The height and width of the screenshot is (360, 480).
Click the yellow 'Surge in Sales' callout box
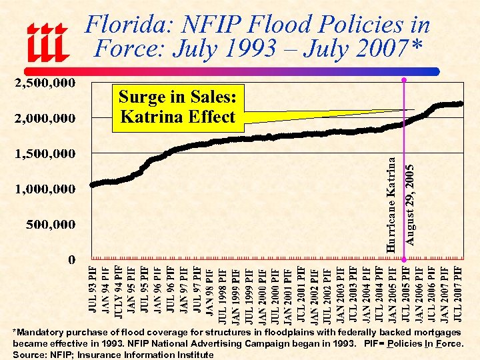[177, 107]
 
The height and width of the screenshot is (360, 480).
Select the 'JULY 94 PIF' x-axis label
[119, 291]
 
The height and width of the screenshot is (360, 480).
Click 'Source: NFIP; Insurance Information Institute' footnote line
[113, 355]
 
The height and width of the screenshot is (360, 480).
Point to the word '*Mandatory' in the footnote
[41, 332]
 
